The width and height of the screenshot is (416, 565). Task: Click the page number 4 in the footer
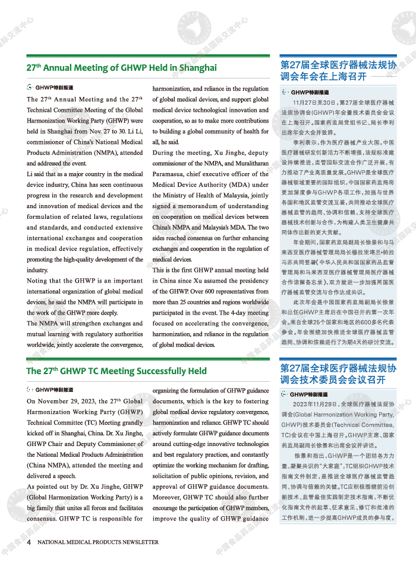point(29,542)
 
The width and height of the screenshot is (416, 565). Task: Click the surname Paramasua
point(173,174)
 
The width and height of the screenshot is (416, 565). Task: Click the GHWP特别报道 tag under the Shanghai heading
point(53,87)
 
